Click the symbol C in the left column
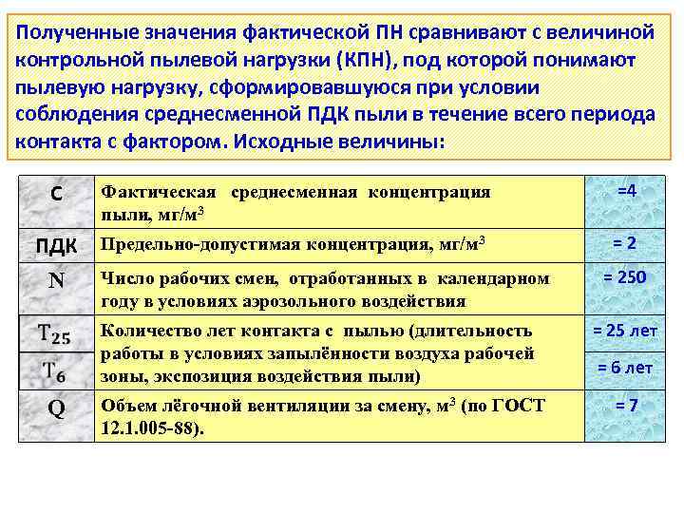tap(56, 194)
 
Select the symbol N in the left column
tap(56, 283)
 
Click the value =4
tap(626, 191)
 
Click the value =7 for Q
tap(626, 406)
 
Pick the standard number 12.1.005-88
tap(152, 427)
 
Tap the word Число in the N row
tap(123, 279)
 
